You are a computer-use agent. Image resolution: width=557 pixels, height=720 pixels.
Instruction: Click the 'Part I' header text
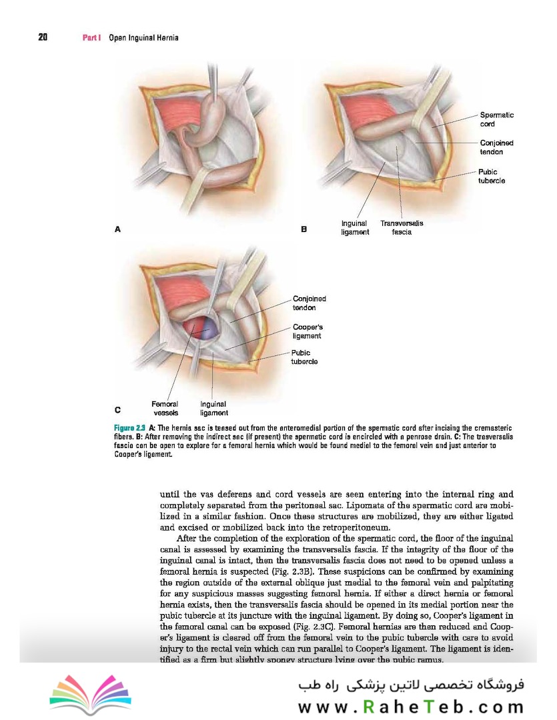pos(91,38)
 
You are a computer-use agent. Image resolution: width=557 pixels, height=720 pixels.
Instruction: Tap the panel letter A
pos(117,229)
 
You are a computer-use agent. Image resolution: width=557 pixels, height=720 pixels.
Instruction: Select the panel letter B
pos(304,229)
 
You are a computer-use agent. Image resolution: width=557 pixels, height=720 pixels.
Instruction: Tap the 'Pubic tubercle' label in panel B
pos(492,176)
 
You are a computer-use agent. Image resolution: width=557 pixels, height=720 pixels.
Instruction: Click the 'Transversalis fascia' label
pos(402,228)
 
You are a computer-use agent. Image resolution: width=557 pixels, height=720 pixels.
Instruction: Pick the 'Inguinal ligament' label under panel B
pos(355,228)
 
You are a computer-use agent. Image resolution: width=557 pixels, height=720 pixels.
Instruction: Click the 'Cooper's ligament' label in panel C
pos(307,331)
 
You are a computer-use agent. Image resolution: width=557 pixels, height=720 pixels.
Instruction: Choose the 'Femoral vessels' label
pos(164,408)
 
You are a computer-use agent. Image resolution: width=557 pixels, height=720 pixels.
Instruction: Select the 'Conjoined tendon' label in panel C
pos(309,303)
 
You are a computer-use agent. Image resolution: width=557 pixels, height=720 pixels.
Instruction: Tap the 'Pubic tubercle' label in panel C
pos(304,357)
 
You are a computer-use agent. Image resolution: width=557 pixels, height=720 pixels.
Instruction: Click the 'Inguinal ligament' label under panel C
pos(213,408)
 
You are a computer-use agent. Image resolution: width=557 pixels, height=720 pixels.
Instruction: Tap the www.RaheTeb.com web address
pos(410,705)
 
